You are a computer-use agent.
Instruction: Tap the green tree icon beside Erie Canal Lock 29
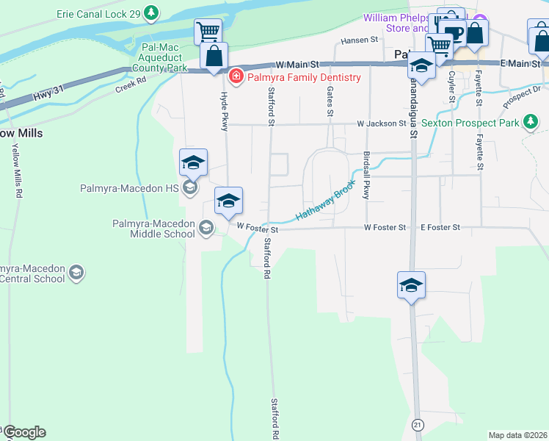click(x=151, y=12)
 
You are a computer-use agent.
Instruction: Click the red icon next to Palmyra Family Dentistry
click(x=236, y=76)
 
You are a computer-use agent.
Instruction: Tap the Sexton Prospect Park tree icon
click(x=532, y=122)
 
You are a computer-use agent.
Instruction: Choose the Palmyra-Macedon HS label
click(x=130, y=188)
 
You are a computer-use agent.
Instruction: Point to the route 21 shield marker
click(x=418, y=425)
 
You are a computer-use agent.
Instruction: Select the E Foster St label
click(x=440, y=228)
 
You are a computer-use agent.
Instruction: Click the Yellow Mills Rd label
click(x=15, y=170)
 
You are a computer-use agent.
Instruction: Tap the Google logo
click(x=23, y=432)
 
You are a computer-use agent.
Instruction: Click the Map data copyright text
click(x=518, y=435)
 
